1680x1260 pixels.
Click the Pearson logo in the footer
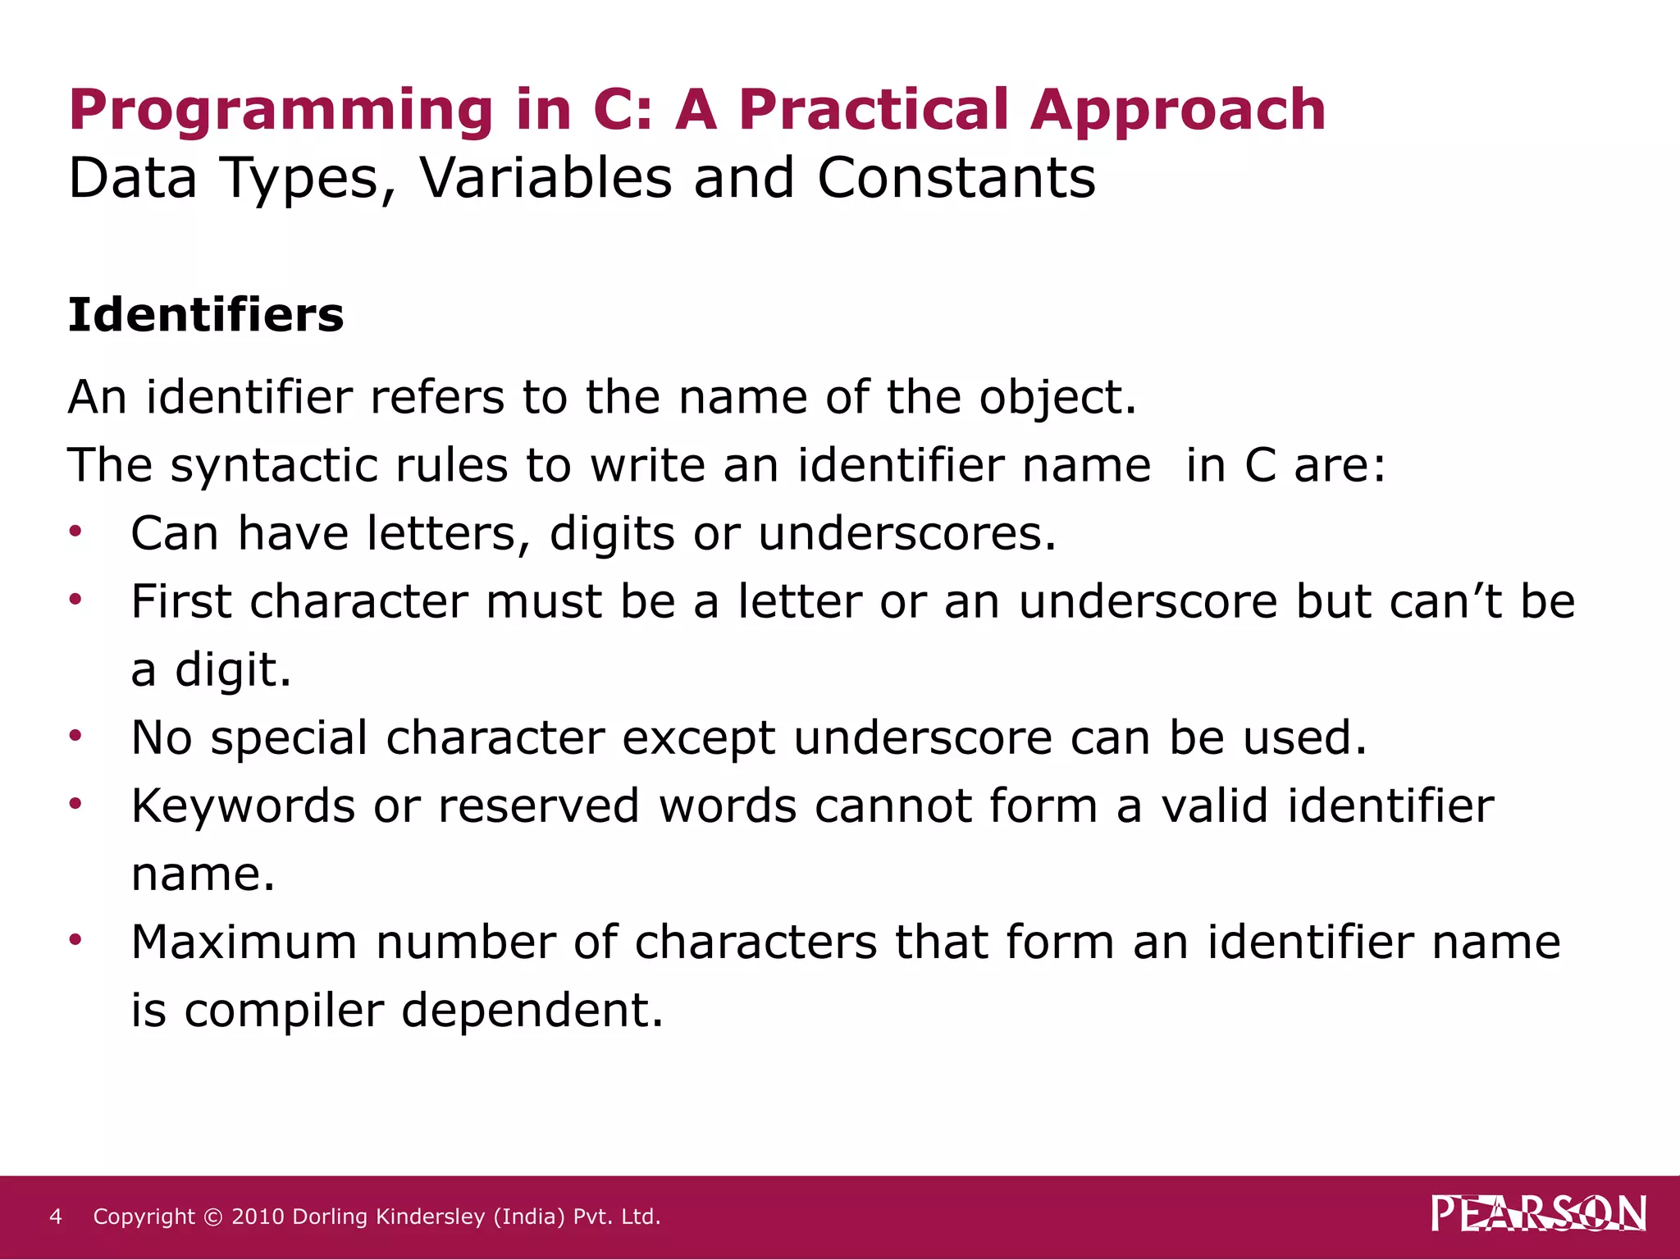pyautogui.click(x=1538, y=1213)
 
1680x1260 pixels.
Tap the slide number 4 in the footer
pyautogui.click(x=56, y=1217)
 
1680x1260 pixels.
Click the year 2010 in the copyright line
pyautogui.click(x=258, y=1217)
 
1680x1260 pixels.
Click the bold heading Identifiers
pyautogui.click(x=206, y=315)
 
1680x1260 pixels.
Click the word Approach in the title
pyautogui.click(x=1178, y=111)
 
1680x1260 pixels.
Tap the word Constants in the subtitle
pyautogui.click(x=956, y=178)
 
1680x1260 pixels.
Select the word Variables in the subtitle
pyautogui.click(x=546, y=178)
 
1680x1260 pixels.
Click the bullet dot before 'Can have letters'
pyautogui.click(x=75, y=532)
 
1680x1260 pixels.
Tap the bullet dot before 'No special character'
pyautogui.click(x=75, y=736)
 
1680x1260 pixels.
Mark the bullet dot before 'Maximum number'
pyautogui.click(x=75, y=940)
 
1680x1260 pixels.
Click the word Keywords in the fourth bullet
pyautogui.click(x=243, y=806)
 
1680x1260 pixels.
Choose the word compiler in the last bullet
pyautogui.click(x=284, y=1011)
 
